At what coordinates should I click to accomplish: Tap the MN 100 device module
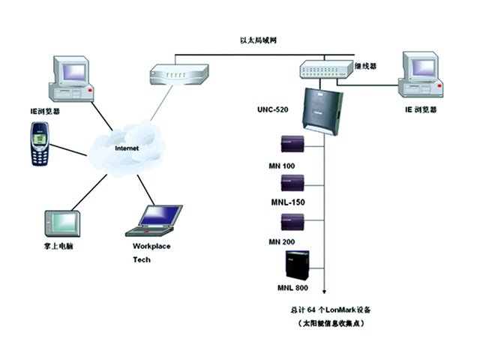point(290,143)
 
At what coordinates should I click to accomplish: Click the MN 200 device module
point(290,222)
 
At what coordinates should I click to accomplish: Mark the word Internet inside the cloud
point(126,148)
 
